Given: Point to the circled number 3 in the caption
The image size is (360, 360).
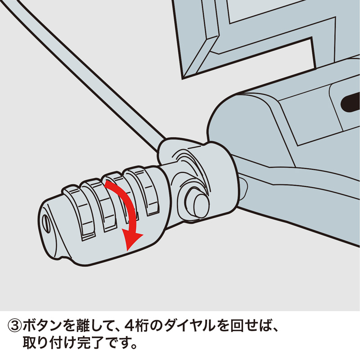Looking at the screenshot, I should (15, 324).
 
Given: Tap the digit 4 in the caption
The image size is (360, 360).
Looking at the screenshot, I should (130, 324).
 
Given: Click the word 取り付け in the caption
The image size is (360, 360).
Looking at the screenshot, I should (49, 344).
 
